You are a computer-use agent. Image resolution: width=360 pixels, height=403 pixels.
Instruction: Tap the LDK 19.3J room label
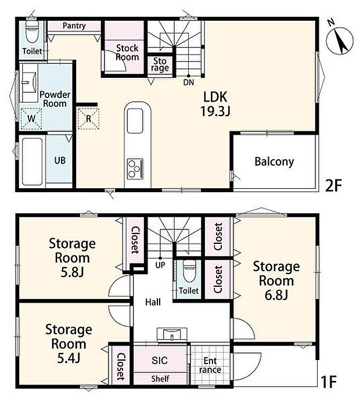pyautogui.click(x=215, y=104)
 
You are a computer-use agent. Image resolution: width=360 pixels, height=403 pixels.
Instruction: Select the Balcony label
pyautogui.click(x=274, y=161)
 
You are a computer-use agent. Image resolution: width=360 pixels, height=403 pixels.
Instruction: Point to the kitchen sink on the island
pyautogui.click(x=135, y=121)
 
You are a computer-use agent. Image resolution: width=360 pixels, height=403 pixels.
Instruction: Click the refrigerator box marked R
pyautogui.click(x=88, y=118)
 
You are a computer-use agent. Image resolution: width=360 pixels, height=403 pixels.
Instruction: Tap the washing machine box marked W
pyautogui.click(x=31, y=118)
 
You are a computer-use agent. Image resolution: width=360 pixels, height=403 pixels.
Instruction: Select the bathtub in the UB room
pyautogui.click(x=32, y=161)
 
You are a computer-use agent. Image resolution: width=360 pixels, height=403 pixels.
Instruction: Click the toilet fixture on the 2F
pyautogui.click(x=33, y=31)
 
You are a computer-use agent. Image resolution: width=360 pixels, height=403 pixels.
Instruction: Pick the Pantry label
pyautogui.click(x=74, y=26)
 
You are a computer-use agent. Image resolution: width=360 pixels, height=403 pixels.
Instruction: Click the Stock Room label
pyautogui.click(x=127, y=53)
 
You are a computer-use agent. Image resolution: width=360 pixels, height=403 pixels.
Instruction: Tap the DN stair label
pyautogui.click(x=189, y=82)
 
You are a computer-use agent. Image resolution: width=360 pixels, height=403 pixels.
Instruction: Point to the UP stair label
pyautogui.click(x=160, y=265)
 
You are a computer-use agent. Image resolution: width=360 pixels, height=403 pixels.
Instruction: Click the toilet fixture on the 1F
pyautogui.click(x=190, y=271)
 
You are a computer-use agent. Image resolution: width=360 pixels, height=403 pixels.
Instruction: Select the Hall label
pyautogui.click(x=153, y=302)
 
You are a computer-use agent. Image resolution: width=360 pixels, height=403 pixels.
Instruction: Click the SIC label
pyautogui.click(x=160, y=361)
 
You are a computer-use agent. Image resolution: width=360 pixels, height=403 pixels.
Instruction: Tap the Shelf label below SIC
pyautogui.click(x=160, y=379)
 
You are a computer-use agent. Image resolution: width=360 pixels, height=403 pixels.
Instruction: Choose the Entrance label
pyautogui.click(x=210, y=365)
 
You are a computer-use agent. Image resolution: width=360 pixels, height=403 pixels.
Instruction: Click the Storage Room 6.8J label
pyautogui.click(x=276, y=280)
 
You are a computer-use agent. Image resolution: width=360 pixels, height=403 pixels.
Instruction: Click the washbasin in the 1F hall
pyautogui.click(x=172, y=334)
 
